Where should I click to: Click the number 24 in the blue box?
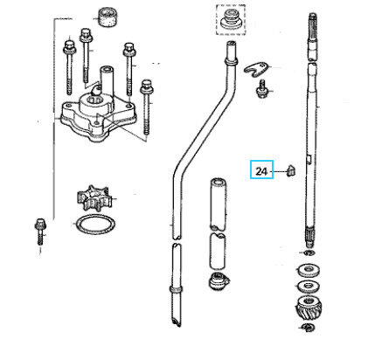(261, 171)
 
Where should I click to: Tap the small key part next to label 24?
(291, 170)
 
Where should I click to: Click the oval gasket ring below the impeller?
(94, 225)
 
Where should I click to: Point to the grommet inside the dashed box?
(231, 19)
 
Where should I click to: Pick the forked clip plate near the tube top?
(256, 70)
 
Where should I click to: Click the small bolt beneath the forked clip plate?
(261, 89)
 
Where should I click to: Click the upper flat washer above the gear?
(309, 271)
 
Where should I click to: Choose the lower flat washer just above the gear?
(309, 287)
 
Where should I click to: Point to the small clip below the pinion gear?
(308, 328)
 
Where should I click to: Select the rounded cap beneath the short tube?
(219, 281)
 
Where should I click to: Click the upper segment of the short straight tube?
(218, 203)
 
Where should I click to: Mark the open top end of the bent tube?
(231, 45)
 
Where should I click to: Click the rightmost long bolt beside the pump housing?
(146, 110)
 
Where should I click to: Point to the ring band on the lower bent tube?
(176, 289)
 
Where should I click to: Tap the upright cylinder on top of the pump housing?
(105, 77)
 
